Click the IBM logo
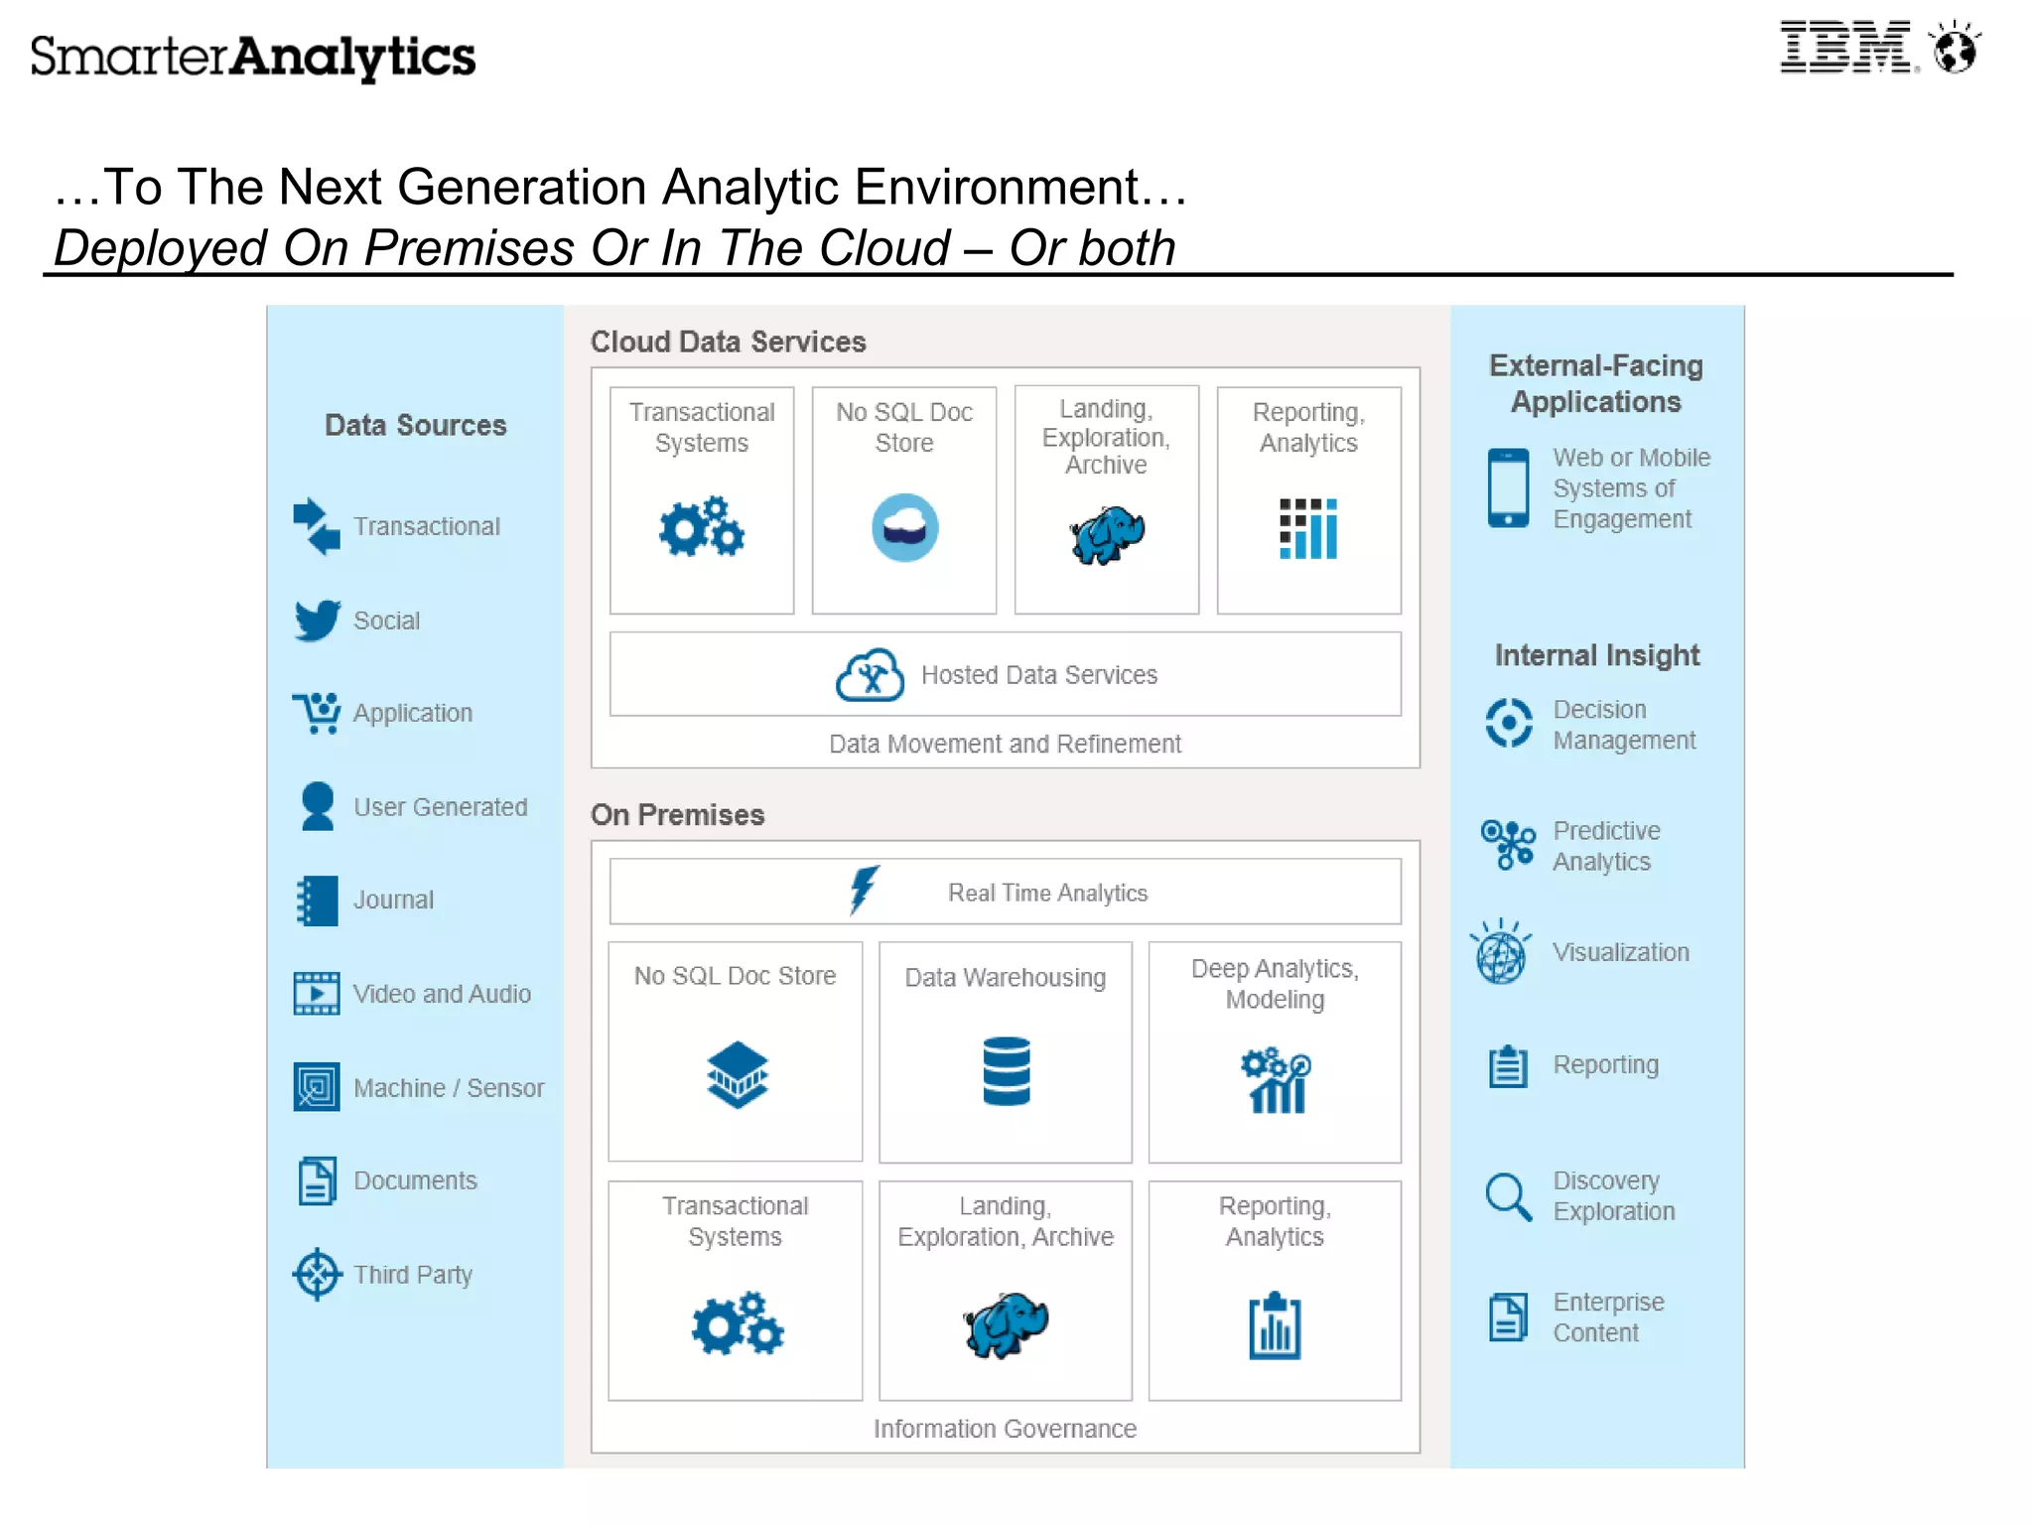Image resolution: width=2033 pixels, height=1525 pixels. point(1846,48)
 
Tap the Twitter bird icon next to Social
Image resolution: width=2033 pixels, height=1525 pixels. point(317,621)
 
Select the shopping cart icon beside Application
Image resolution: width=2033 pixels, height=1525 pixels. point(317,713)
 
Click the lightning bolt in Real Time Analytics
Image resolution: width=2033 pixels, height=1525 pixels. point(863,889)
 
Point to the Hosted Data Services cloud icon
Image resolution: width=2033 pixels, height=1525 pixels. point(870,675)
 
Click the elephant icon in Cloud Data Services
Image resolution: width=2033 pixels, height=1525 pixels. point(1107,534)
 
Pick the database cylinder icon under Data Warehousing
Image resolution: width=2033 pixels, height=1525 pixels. point(1006,1071)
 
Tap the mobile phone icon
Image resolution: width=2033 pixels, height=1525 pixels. point(1508,487)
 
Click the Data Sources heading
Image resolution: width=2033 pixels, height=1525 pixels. point(415,425)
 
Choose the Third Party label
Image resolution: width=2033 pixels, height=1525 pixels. point(413,1275)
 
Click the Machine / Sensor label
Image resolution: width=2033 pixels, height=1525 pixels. point(449,1088)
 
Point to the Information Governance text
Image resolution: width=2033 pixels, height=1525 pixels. point(1005,1429)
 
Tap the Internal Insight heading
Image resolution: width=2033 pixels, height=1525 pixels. point(1597,655)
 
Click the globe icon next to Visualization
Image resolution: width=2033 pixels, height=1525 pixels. point(1501,953)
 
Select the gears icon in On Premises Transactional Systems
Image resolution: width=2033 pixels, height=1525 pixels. point(737,1323)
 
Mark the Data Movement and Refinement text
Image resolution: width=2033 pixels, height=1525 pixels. point(1005,744)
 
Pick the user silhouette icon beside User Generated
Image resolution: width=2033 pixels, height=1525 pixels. point(318,806)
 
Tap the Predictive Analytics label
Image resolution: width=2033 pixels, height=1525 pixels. point(1606,846)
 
